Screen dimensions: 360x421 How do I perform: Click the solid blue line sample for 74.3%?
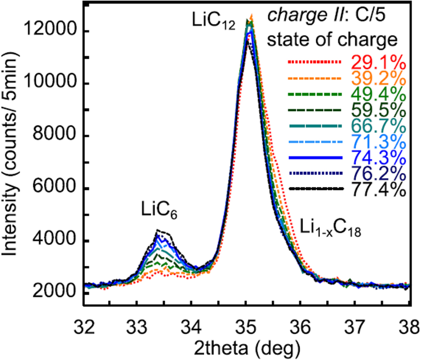pos(313,157)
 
